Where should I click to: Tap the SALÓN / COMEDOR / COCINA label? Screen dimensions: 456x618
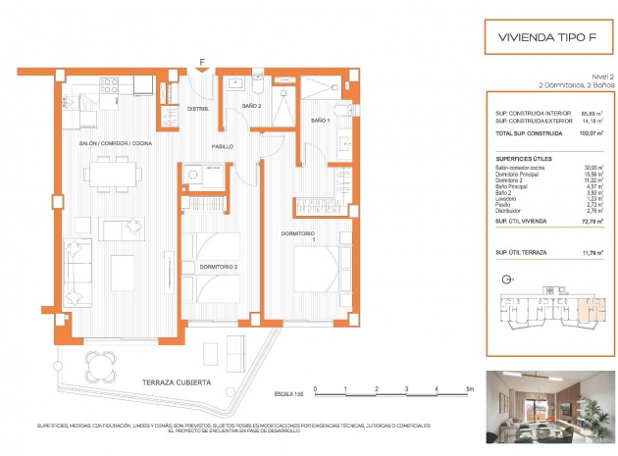click(116, 144)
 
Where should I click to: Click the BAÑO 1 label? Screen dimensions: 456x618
click(320, 120)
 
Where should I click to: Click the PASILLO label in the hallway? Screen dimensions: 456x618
click(222, 146)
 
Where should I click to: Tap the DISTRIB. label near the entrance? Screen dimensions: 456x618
click(199, 109)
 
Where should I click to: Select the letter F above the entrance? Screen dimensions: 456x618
click(201, 62)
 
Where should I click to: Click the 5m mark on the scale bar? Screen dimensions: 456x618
click(469, 390)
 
